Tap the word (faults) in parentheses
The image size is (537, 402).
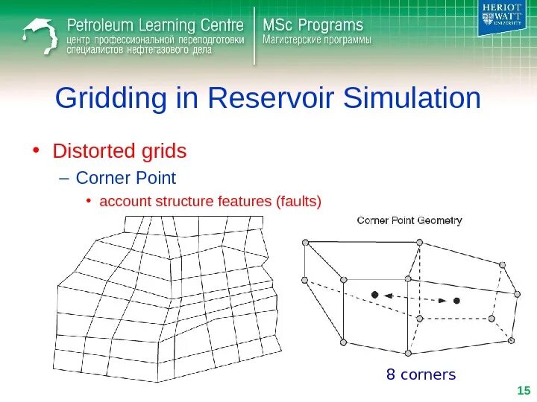[298, 201]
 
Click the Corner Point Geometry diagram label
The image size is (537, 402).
[409, 220]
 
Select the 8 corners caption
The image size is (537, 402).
[420, 374]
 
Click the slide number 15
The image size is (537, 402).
[523, 391]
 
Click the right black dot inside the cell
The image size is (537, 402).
[456, 301]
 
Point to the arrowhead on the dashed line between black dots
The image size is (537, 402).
[442, 300]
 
